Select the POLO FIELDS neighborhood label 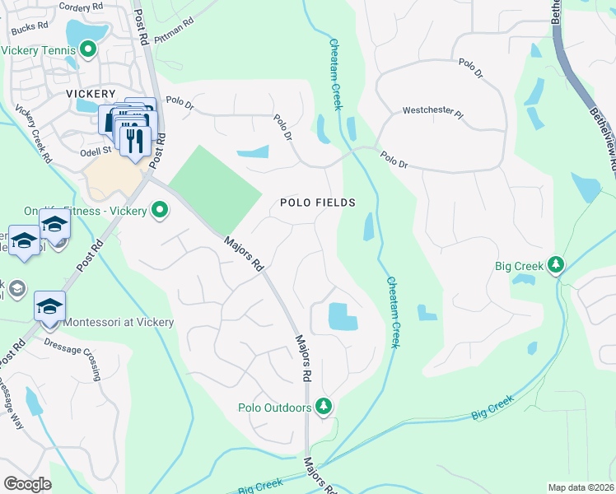pos(317,202)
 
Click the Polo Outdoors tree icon pos(324,407)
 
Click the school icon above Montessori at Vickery pos(50,306)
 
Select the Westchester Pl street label pos(432,110)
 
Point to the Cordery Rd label pos(82,7)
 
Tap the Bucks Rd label pos(30,29)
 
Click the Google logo pos(27,483)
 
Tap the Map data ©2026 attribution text pos(580,487)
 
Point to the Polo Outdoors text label pos(274,408)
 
